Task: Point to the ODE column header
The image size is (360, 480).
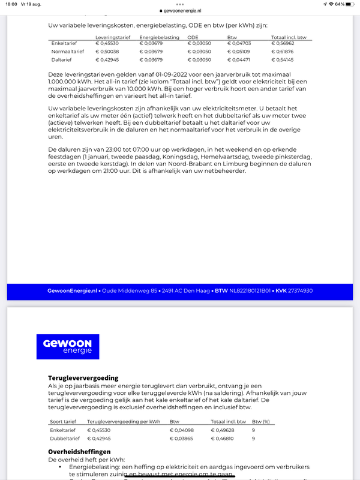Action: click(x=193, y=37)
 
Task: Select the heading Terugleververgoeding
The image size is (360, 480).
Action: click(x=83, y=378)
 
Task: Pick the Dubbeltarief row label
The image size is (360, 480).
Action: click(x=63, y=439)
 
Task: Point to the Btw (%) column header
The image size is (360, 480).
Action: click(x=261, y=422)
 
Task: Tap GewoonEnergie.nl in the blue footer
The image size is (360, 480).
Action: click(x=72, y=291)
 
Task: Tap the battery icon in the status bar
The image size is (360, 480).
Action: click(x=350, y=4)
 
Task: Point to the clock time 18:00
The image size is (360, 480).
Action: click(x=11, y=4)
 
